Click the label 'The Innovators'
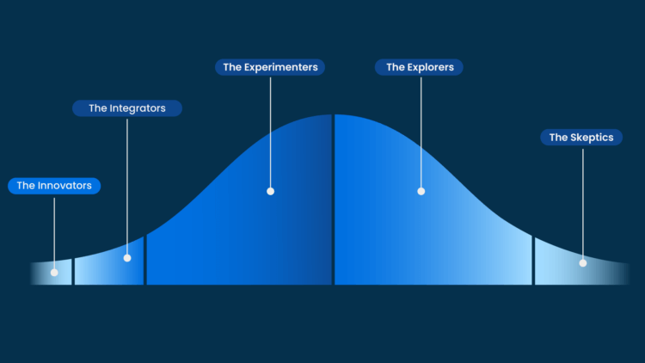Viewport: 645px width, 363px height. point(54,185)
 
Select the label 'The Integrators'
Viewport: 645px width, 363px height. point(126,108)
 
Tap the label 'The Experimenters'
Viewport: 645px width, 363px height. point(269,66)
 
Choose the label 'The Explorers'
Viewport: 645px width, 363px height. point(420,66)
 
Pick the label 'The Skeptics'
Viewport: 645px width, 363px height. point(581,137)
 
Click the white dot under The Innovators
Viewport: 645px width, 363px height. point(54,273)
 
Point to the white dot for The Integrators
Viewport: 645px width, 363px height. point(127,257)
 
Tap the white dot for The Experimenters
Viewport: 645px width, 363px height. point(270,191)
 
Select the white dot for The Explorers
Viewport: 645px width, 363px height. point(421,191)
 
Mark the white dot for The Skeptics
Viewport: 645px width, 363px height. point(582,262)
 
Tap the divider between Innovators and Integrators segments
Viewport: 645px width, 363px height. point(74,271)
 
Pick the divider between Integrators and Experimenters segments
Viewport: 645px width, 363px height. point(146,258)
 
